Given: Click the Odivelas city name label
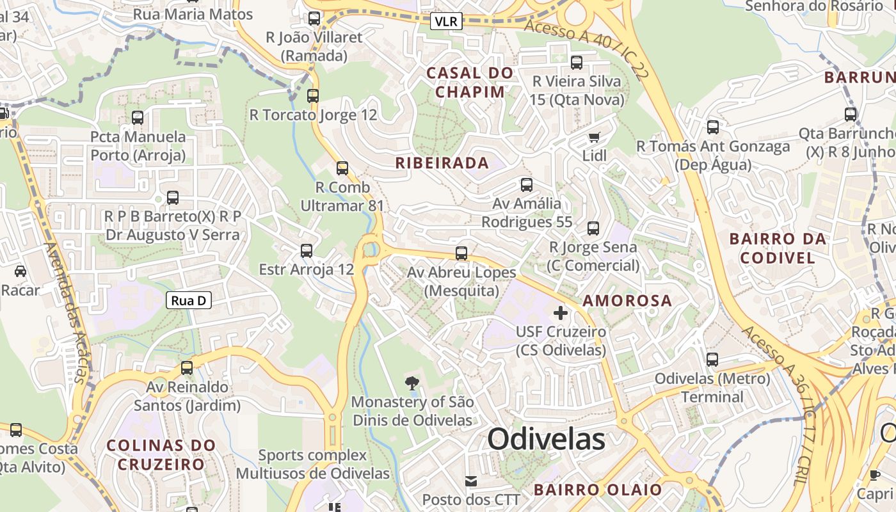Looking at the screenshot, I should point(546,439).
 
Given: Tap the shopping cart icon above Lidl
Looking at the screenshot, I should point(595,136).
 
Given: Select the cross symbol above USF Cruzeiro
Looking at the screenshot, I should point(561,313).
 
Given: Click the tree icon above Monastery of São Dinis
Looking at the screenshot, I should point(412,383).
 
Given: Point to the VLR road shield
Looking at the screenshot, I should point(445,21).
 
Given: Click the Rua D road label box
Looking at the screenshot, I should point(189,300).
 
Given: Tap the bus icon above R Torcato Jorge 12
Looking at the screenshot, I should point(313,96).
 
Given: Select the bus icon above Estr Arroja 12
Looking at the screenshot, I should point(307,250).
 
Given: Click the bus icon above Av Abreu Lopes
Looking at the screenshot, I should point(461,253).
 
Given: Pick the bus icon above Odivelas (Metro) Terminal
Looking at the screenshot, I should point(712,360).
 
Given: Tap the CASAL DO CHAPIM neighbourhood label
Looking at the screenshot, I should point(470,82).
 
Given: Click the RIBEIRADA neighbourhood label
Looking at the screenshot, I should point(442,163).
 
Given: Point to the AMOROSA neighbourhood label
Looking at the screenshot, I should point(627,300).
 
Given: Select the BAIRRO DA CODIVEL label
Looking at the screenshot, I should point(778,248).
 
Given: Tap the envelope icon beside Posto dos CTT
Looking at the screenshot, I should point(471,481).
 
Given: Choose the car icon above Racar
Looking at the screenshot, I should point(20,271).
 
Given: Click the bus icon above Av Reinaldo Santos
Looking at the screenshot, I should point(187,368).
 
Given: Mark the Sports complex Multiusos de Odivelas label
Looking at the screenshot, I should point(313,464).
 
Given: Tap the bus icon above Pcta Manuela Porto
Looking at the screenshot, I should point(138,118).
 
